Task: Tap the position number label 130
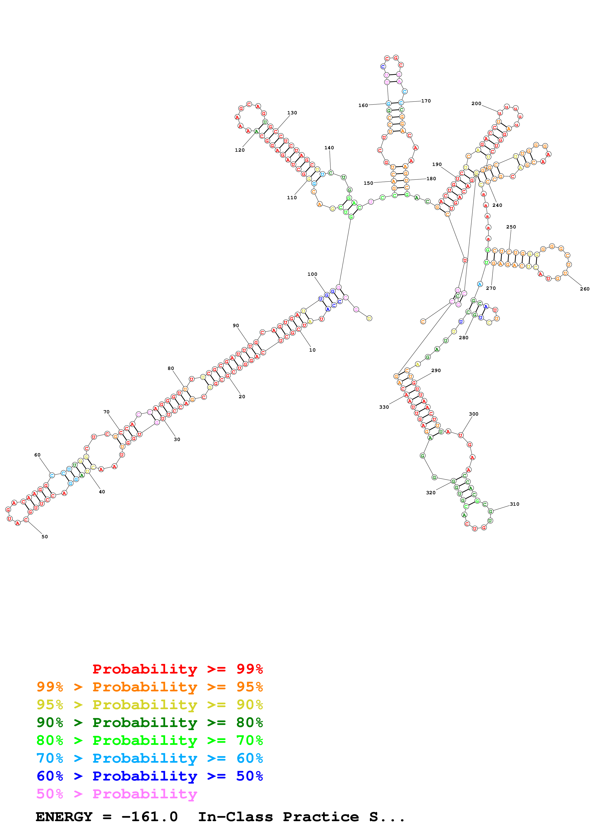(292, 113)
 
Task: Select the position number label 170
(426, 101)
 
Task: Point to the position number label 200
(476, 103)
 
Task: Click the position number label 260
(585, 289)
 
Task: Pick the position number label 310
(514, 504)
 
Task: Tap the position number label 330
(384, 407)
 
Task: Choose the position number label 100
(312, 274)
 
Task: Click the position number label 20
(242, 397)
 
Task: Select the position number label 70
(106, 412)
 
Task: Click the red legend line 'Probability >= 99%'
(177, 669)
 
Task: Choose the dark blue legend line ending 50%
(149, 776)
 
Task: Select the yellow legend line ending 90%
(149, 705)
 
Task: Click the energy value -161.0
(149, 817)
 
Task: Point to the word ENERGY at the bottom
(64, 817)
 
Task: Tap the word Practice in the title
(321, 817)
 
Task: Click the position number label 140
(329, 148)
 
